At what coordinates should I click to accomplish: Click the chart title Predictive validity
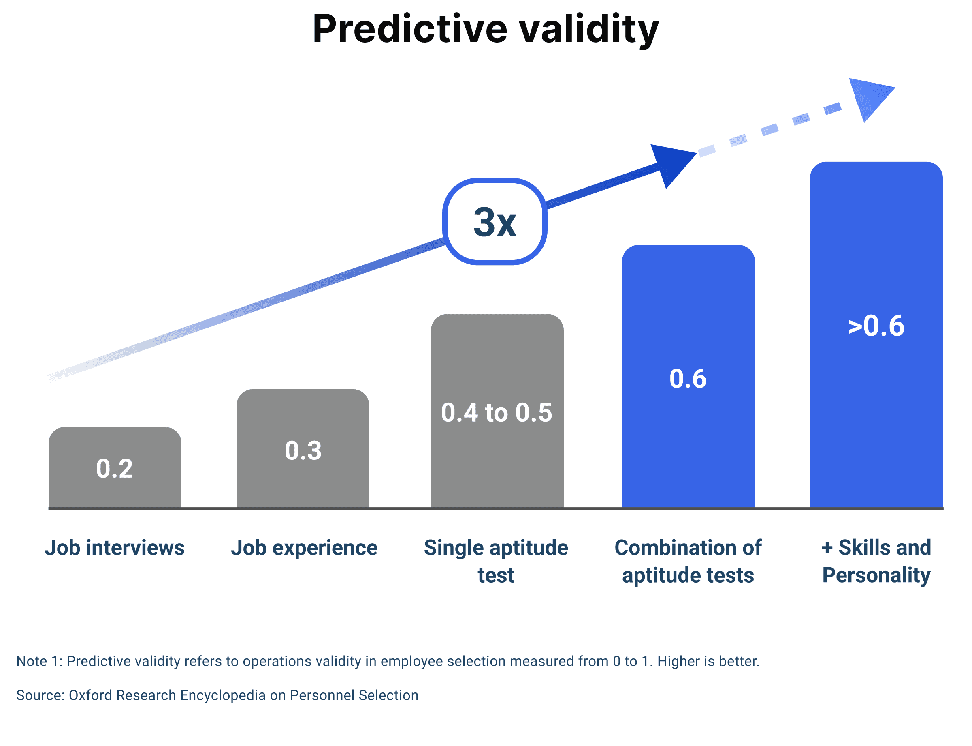485,29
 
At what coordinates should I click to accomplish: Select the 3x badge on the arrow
494,222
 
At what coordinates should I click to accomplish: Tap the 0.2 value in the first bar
115,468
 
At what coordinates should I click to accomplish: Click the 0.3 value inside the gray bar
303,450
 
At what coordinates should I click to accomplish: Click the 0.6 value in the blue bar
688,379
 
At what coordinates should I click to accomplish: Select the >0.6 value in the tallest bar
876,326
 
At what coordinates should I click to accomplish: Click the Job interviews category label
115,547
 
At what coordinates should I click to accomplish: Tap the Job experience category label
304,547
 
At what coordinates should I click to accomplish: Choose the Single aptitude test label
496,561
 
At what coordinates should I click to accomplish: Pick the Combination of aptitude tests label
688,561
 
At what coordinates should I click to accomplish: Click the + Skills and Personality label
876,561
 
